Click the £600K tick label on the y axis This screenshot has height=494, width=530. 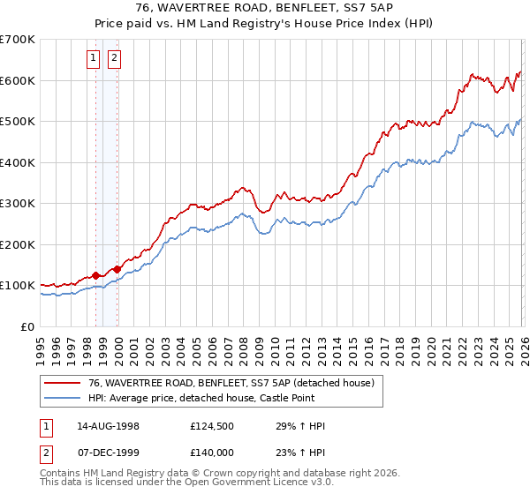(18, 80)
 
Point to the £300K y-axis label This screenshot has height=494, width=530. (18, 204)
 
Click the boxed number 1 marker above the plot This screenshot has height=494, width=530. (95, 59)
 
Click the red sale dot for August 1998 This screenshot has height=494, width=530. (96, 275)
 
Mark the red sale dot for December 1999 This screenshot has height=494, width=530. (117, 269)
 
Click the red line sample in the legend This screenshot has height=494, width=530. (63, 383)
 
